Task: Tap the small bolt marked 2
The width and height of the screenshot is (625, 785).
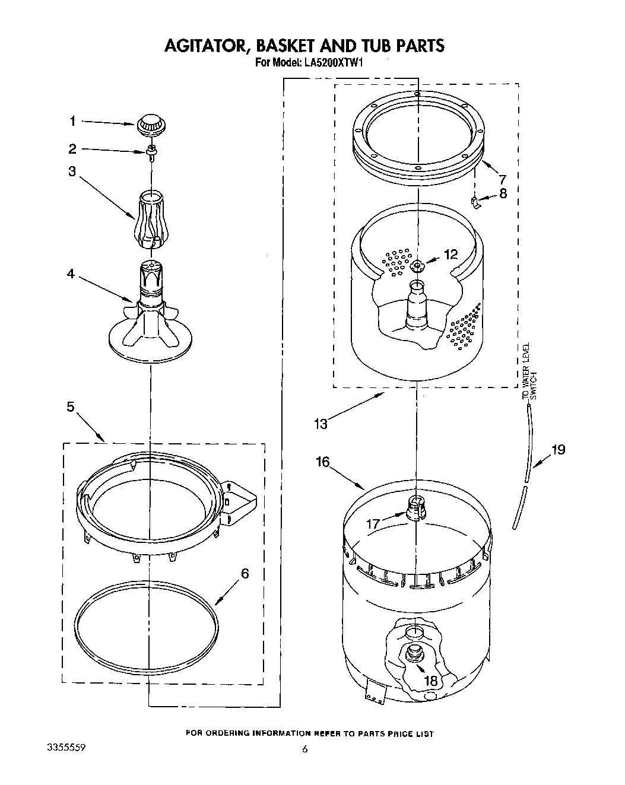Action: click(151, 152)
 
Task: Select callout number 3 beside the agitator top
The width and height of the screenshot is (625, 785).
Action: click(72, 171)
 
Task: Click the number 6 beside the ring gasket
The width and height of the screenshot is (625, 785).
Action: click(245, 574)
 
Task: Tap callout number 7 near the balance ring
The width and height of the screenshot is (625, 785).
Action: click(503, 178)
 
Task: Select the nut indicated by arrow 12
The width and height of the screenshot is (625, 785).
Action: click(418, 264)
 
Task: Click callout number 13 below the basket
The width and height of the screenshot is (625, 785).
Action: click(321, 423)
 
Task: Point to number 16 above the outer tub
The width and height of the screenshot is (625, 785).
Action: click(322, 462)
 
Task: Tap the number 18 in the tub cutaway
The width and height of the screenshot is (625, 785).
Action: click(431, 681)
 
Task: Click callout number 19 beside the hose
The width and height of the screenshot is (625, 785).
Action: click(558, 449)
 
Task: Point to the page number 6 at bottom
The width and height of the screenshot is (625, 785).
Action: click(305, 749)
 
